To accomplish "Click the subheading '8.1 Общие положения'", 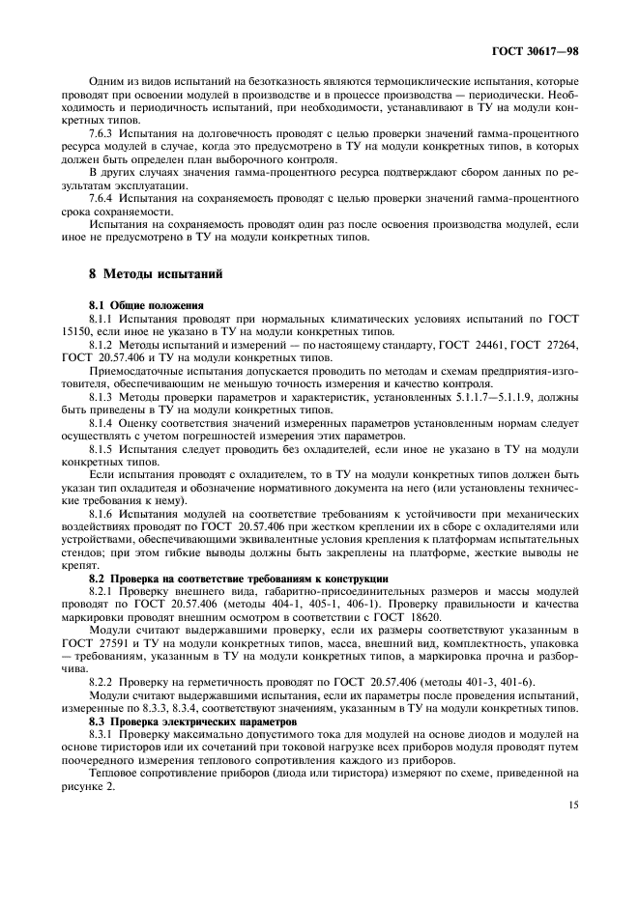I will pos(140,305).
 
